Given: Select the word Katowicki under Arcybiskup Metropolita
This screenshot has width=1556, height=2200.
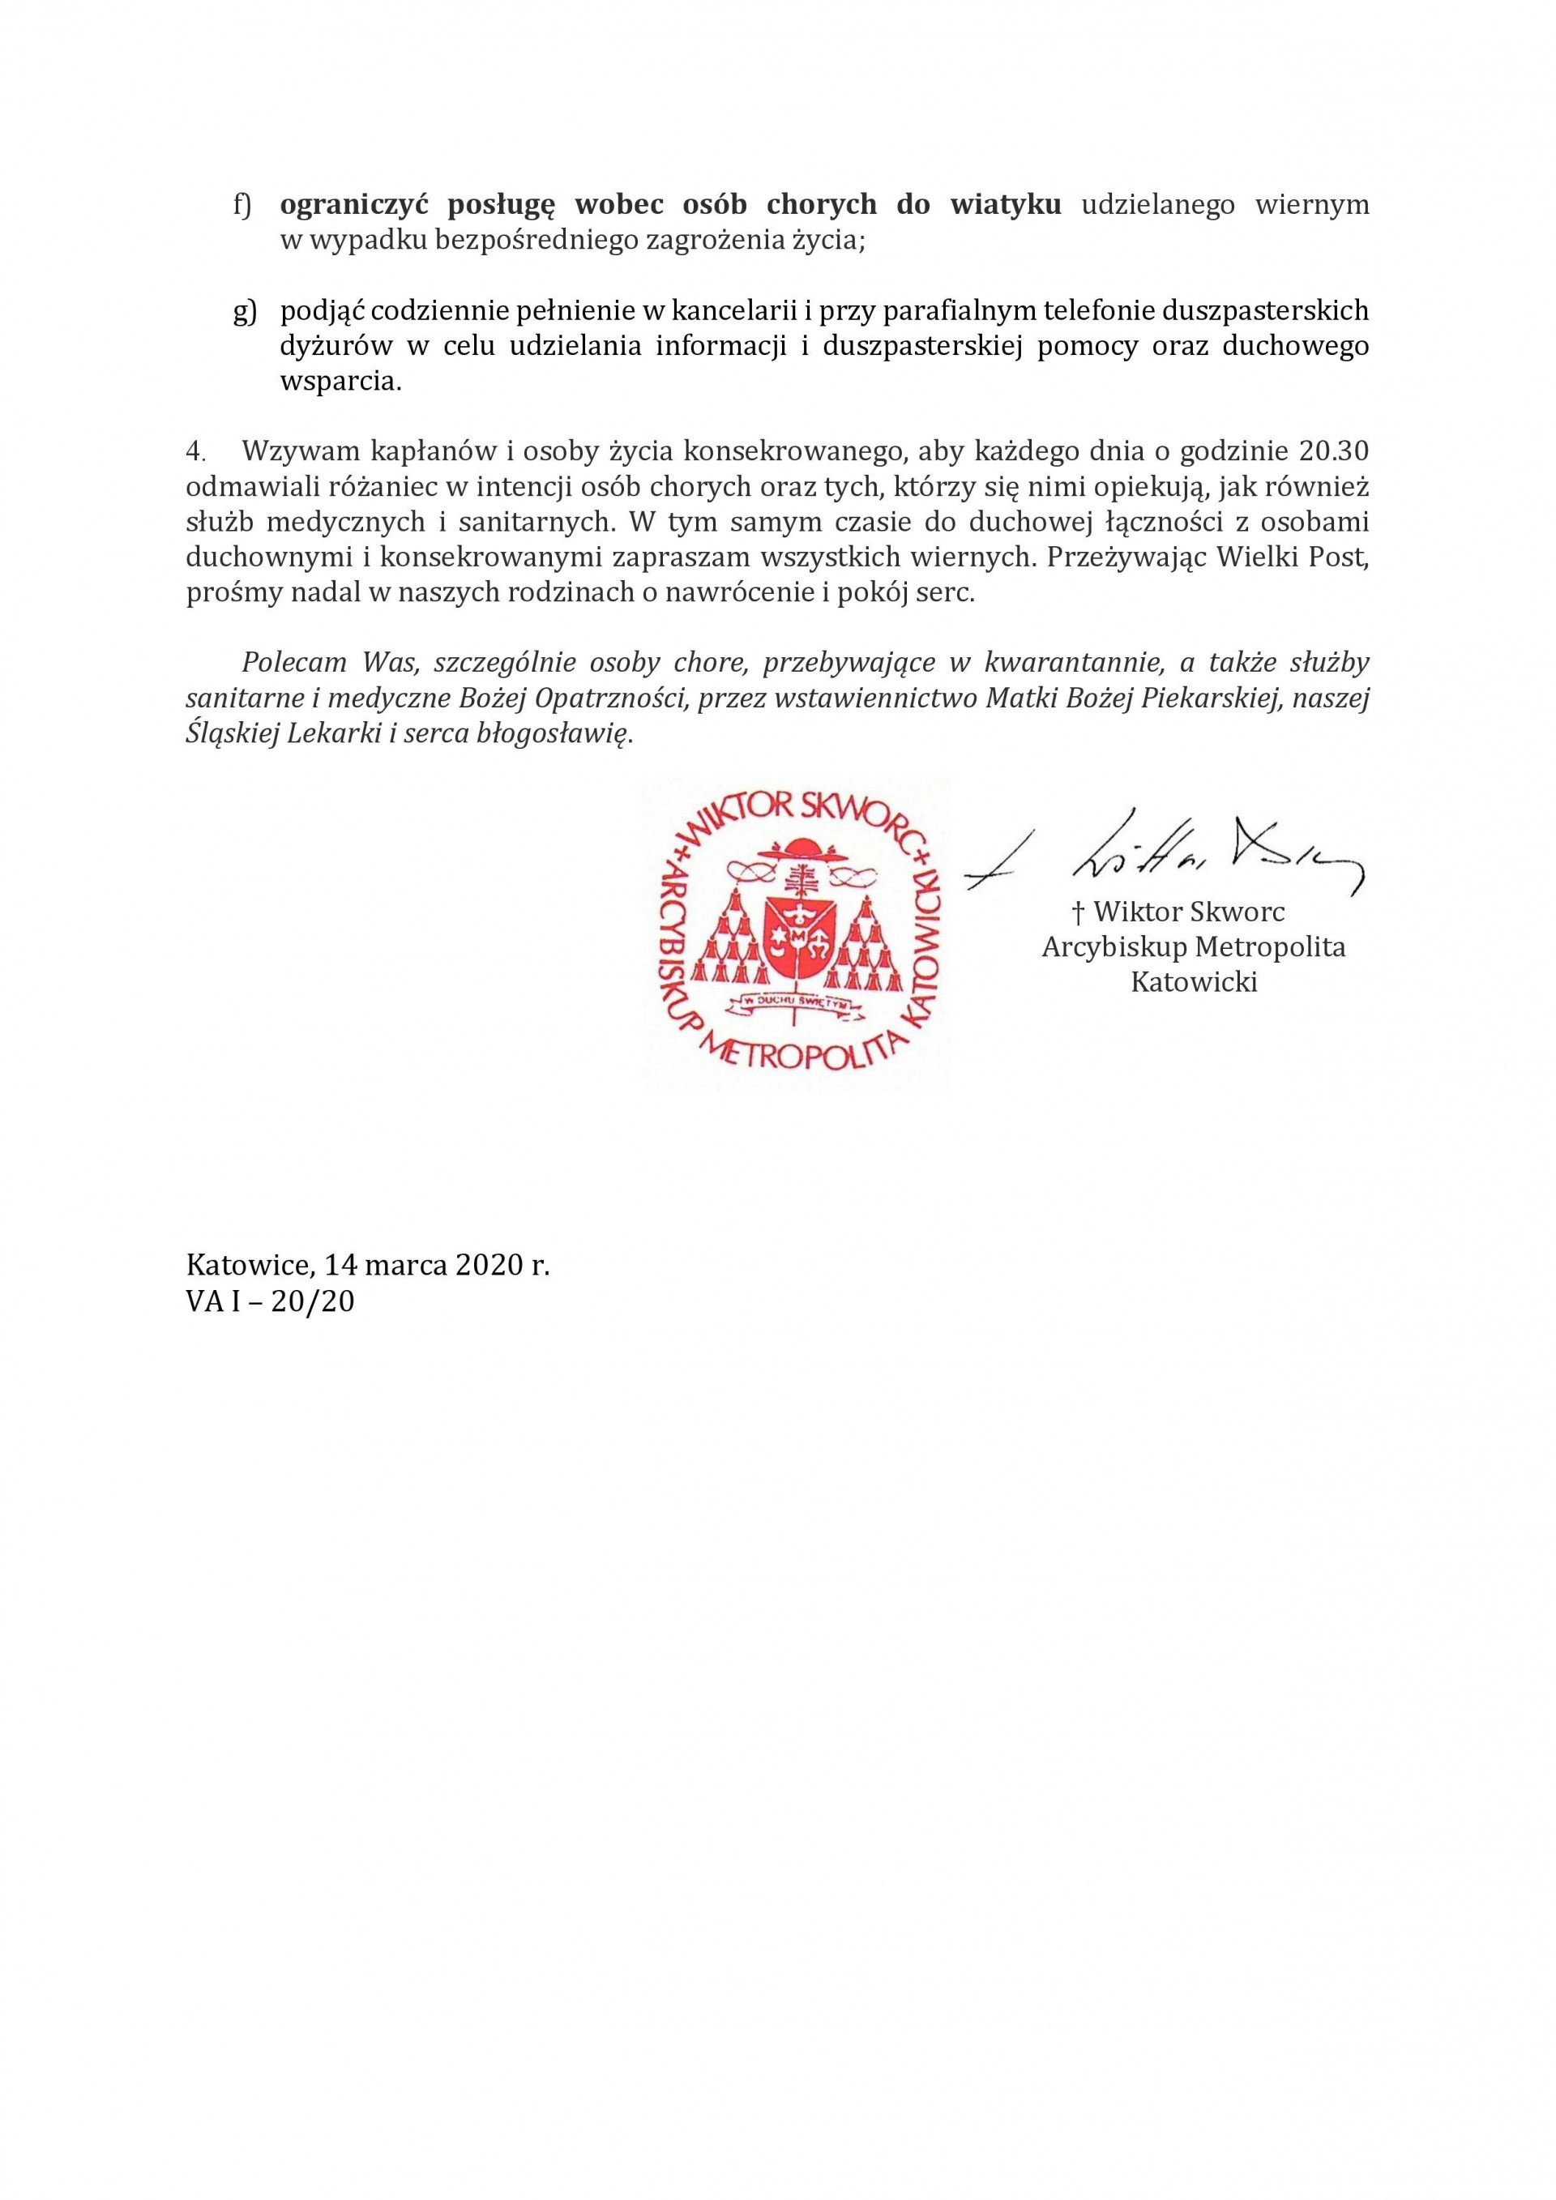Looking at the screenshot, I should click(x=1194, y=982).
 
